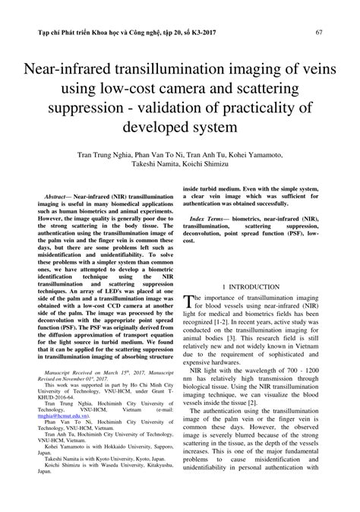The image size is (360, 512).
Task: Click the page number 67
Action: point(319,33)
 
